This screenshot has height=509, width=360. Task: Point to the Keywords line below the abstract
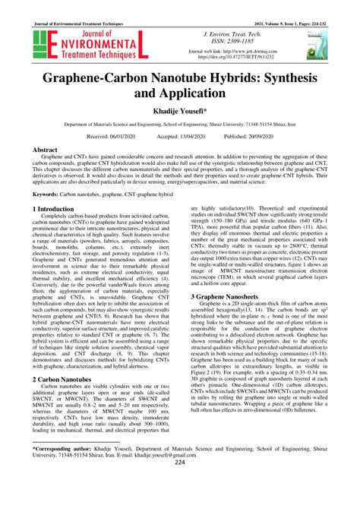(114, 194)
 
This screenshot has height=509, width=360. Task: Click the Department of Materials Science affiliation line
(180, 126)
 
